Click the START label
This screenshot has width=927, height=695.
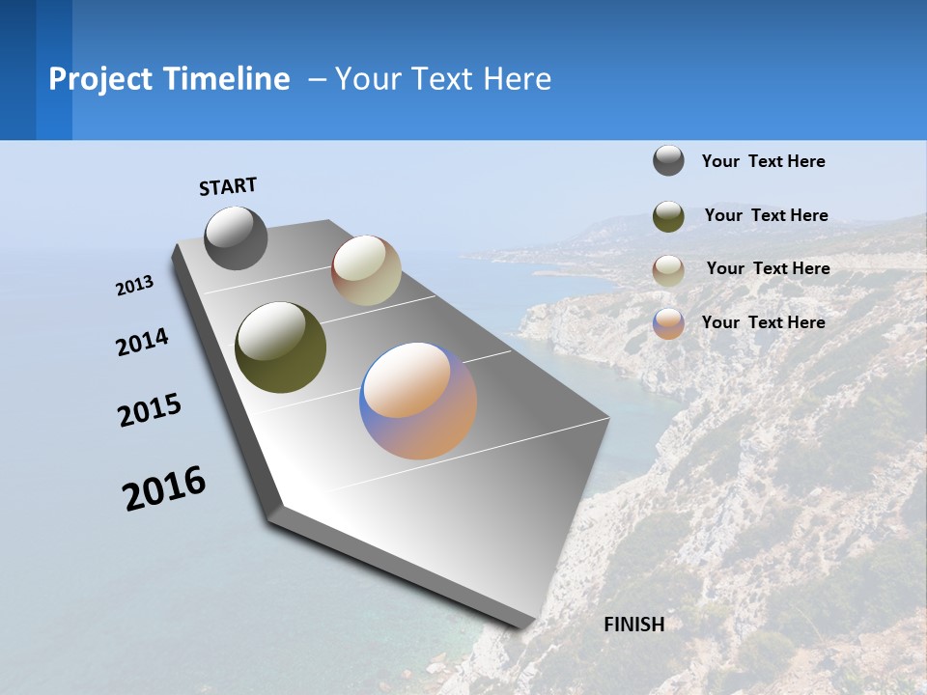point(228,186)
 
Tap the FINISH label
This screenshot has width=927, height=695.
point(634,625)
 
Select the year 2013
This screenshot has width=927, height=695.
point(134,286)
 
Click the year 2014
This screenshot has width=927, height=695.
point(142,343)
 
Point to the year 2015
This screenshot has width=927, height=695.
point(150,410)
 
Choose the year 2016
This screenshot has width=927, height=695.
point(164,488)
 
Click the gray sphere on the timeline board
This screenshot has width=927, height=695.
point(236,237)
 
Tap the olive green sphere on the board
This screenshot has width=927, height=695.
point(280,347)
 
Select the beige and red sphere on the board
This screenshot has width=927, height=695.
point(366,270)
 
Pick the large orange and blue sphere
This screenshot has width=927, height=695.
point(418,401)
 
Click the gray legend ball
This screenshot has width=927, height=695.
point(668,160)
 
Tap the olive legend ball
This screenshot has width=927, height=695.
point(668,216)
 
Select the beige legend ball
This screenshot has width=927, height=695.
point(668,270)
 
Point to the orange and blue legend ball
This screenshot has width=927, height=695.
point(668,323)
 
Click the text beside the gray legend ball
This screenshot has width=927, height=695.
point(763,161)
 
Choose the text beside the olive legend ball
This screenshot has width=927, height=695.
point(766,215)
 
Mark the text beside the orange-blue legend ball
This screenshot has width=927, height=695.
point(763,322)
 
